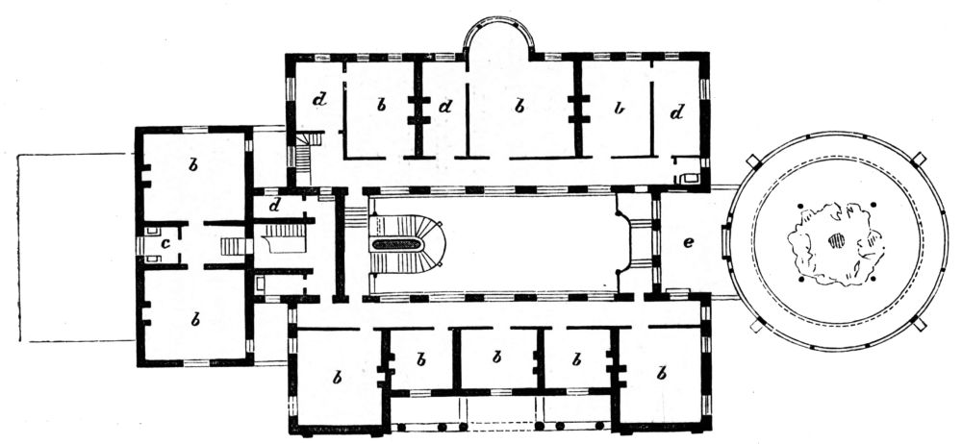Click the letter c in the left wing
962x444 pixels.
coord(165,244)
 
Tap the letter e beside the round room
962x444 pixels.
coord(689,242)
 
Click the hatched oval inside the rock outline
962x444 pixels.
coord(836,240)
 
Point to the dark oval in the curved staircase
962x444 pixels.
coord(397,245)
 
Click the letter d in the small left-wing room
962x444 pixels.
coord(274,206)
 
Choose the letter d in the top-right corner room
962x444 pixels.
coord(676,112)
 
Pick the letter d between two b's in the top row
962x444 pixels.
coord(446,107)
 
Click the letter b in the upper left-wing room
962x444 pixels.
coord(193,164)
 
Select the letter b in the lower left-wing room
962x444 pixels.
coord(195,319)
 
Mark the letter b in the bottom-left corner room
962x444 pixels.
coord(336,377)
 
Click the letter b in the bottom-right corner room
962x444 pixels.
coord(661,373)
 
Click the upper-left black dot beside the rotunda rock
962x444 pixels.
coord(800,206)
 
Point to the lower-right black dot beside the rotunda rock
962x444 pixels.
coord(873,280)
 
